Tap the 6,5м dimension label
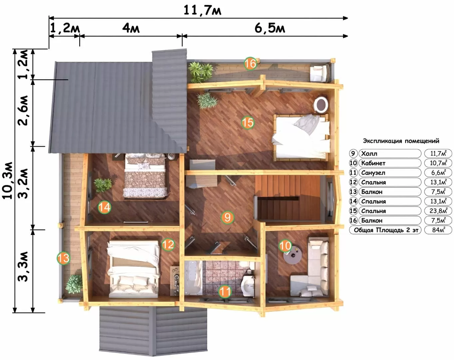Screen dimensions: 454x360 point(270,28)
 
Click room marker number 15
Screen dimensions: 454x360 point(248,123)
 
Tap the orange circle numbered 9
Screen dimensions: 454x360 point(227,217)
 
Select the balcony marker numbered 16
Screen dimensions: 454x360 point(250,64)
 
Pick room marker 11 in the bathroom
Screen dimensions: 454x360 point(225,292)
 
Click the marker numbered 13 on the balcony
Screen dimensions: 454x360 point(63,258)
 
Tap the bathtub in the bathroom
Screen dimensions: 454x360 point(193,278)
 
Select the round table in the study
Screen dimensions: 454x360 point(292,255)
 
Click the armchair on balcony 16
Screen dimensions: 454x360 point(320,73)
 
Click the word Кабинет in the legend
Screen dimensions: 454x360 point(373,163)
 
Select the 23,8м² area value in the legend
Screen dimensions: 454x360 point(439,211)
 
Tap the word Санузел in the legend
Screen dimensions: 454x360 point(373,173)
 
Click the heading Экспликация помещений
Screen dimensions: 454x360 point(401,141)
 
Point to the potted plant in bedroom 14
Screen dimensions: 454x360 point(103,185)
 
